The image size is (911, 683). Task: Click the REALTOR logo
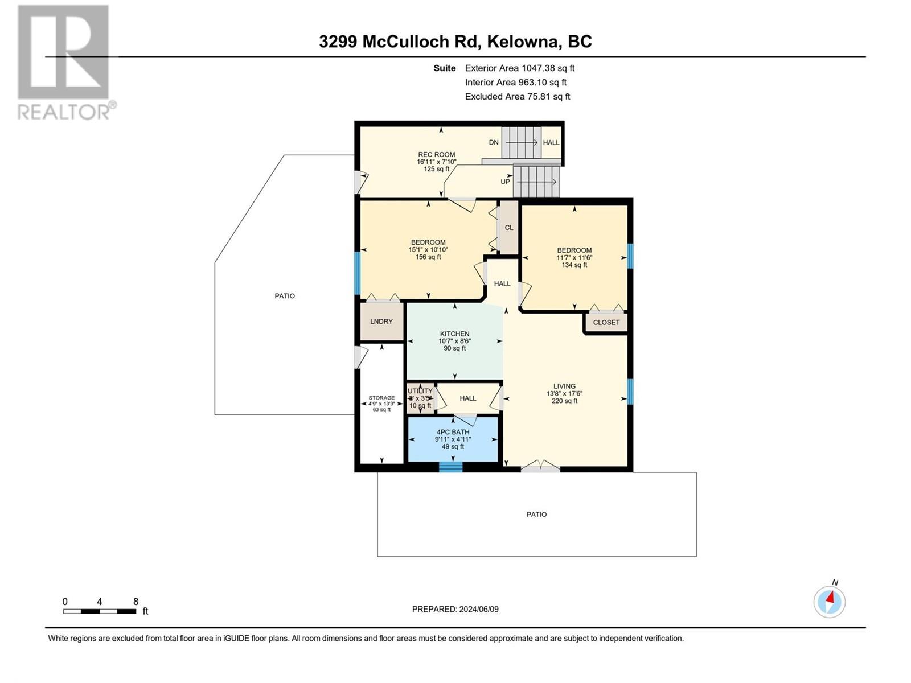tap(64, 63)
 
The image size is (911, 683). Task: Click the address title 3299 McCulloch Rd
tap(455, 42)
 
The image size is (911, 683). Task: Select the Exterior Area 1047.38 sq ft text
tap(519, 68)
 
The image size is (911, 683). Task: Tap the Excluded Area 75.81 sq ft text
tap(517, 96)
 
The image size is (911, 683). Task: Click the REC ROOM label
tap(437, 154)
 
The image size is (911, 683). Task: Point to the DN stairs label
tap(494, 142)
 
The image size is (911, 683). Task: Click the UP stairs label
tap(505, 182)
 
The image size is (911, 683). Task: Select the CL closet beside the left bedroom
tap(509, 227)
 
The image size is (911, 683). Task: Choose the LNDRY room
tap(381, 322)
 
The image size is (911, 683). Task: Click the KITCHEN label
tap(454, 334)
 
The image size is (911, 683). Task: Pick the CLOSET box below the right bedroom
tap(606, 322)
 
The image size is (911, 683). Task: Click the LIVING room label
tap(564, 386)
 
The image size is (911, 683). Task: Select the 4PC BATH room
tap(453, 439)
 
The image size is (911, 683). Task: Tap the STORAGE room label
tap(381, 398)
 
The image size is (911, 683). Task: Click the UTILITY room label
tap(420, 391)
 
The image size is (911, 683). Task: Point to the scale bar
tap(100, 611)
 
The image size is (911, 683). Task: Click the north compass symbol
tap(830, 601)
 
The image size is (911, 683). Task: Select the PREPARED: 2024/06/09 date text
tap(455, 609)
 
